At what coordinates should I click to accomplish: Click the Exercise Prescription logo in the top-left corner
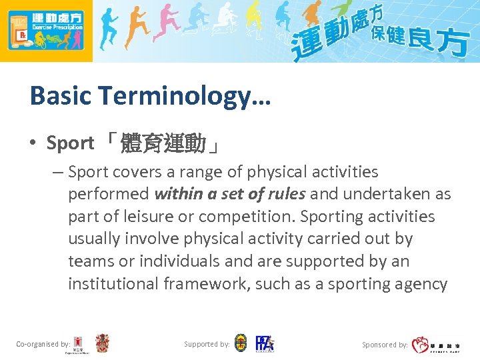[x=46, y=31]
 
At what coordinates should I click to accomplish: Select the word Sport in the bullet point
[x=70, y=143]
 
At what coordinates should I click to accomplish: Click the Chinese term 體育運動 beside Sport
[x=164, y=143]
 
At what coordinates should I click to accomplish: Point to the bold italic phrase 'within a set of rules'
[x=230, y=194]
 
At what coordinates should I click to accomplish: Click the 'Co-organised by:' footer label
[x=43, y=344]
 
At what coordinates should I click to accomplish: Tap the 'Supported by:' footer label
[x=207, y=344]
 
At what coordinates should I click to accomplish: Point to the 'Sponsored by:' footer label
[x=385, y=345]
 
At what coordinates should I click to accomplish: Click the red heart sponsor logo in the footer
[x=420, y=345]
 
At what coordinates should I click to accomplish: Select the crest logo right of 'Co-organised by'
[x=102, y=343]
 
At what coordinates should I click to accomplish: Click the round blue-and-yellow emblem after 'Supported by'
[x=241, y=343]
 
